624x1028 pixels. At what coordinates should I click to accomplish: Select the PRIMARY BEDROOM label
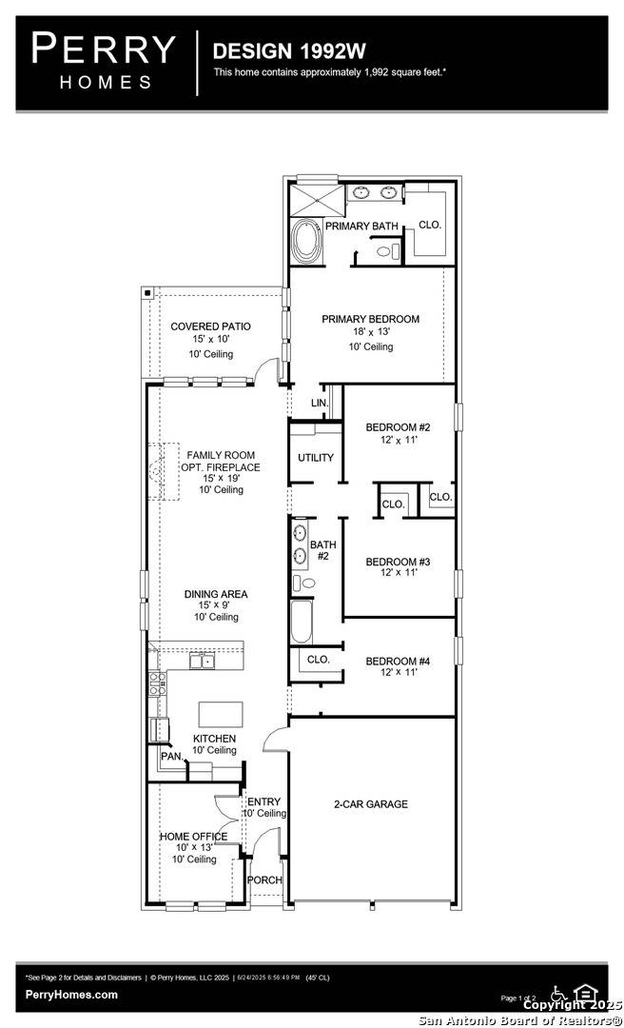click(x=370, y=319)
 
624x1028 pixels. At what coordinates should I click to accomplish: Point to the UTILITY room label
click(x=316, y=458)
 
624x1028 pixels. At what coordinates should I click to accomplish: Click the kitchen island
click(x=217, y=714)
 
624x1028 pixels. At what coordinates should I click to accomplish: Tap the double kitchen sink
click(x=202, y=660)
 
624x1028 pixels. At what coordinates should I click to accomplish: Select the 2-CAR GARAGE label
click(x=370, y=804)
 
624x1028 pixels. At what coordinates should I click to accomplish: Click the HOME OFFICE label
click(x=193, y=837)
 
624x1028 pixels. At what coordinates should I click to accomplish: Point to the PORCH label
click(x=264, y=880)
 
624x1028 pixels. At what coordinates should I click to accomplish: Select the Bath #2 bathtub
click(x=301, y=622)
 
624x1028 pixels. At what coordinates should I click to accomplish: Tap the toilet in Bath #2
click(x=303, y=583)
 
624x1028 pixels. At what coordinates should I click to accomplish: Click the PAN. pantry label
click(x=171, y=757)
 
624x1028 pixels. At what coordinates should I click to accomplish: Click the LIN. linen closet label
click(x=320, y=404)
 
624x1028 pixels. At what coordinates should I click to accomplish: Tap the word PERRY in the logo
click(x=105, y=48)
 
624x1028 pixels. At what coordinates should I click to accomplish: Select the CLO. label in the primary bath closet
click(x=430, y=226)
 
